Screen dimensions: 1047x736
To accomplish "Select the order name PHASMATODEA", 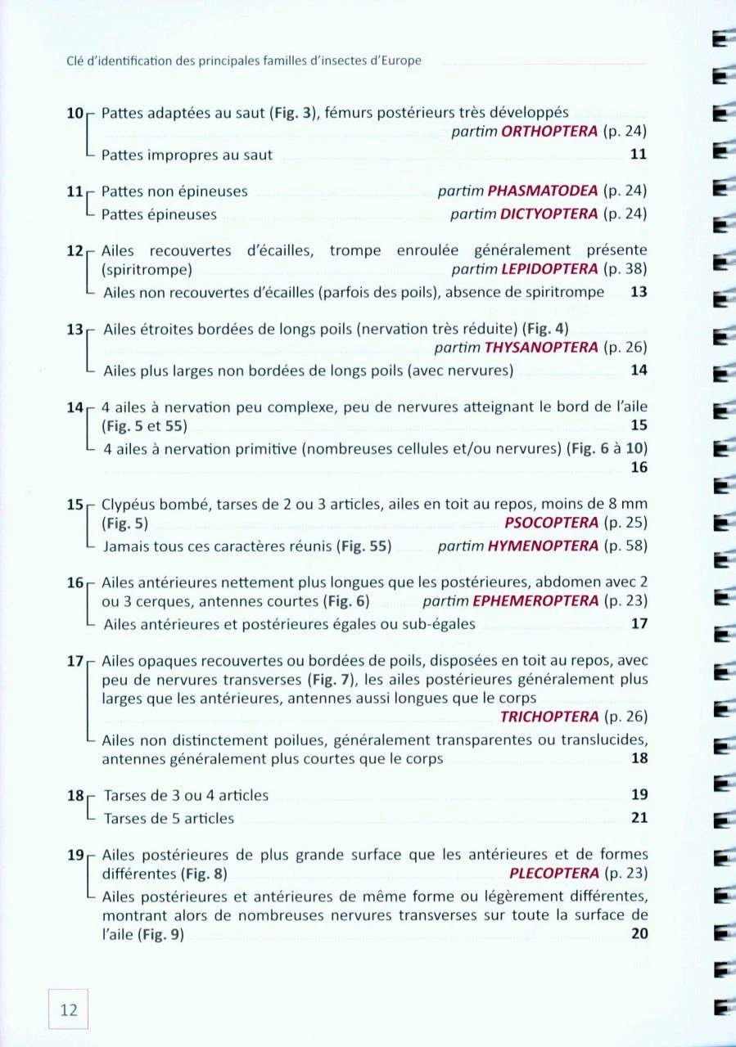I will click(542, 192).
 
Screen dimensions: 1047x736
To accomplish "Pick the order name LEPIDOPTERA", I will click(546, 269).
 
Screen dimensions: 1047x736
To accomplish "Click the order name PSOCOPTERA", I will click(552, 523).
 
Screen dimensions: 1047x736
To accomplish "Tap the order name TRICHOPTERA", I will click(549, 717).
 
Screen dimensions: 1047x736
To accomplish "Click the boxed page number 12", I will click(68, 1010).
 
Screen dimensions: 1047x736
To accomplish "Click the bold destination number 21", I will click(639, 818).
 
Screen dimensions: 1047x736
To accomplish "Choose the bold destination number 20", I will click(639, 935).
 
